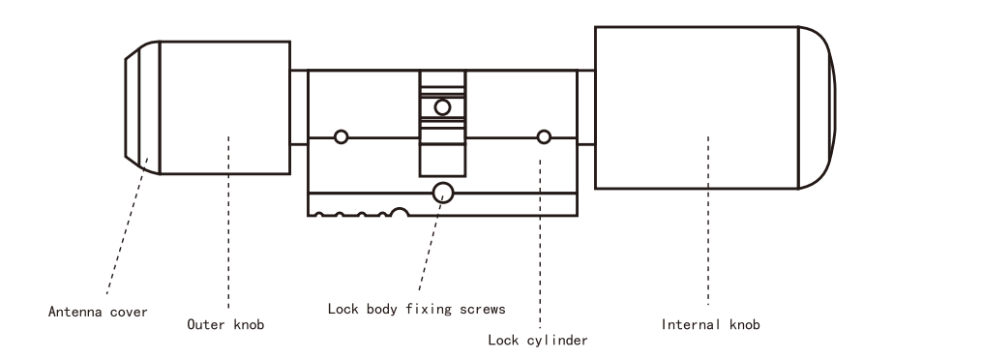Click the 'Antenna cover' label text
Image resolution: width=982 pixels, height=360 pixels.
[98, 312]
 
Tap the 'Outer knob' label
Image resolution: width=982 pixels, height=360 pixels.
[225, 324]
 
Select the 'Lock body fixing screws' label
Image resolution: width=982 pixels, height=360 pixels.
[416, 309]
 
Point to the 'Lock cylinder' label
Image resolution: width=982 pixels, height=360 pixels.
[538, 340]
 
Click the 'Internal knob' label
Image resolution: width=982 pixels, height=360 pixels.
[711, 324]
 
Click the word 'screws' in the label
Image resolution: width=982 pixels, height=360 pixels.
[482, 309]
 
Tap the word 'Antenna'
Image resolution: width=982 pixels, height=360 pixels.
[73, 312]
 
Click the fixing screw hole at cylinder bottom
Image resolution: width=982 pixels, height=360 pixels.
[443, 193]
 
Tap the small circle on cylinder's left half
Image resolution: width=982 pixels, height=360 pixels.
[341, 137]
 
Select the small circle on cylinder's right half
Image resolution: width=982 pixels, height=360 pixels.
[544, 137]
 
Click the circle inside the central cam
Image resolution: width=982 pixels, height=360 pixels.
[442, 107]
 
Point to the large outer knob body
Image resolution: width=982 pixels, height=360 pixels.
[224, 107]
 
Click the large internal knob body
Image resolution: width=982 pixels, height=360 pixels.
[697, 107]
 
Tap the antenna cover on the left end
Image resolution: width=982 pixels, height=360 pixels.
[142, 107]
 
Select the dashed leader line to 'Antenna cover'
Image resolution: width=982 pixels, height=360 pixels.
[127, 226]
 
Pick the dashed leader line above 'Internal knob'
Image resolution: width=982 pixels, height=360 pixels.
[708, 220]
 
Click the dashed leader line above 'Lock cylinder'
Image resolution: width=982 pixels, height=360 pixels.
[540, 244]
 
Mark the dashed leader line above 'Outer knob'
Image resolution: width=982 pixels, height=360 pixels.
[228, 223]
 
